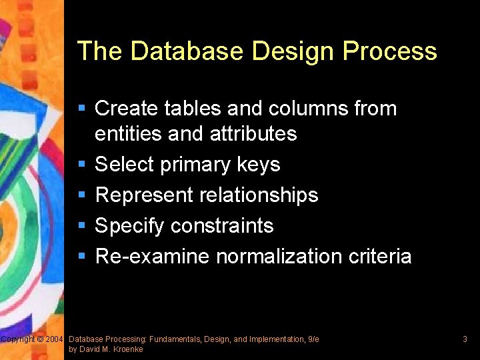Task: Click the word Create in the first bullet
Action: pyautogui.click(x=127, y=108)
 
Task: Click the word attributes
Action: pyautogui.click(x=253, y=133)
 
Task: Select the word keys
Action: pyautogui.click(x=259, y=164)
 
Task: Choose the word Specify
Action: pyautogui.click(x=130, y=225)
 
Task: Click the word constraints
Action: pyautogui.click(x=222, y=225)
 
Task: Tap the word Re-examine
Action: pyautogui.click(x=152, y=256)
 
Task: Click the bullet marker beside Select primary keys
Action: pyautogui.click(x=82, y=164)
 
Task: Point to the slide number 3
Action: pyautogui.click(x=465, y=339)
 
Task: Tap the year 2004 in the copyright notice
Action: pyautogui.click(x=55, y=339)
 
